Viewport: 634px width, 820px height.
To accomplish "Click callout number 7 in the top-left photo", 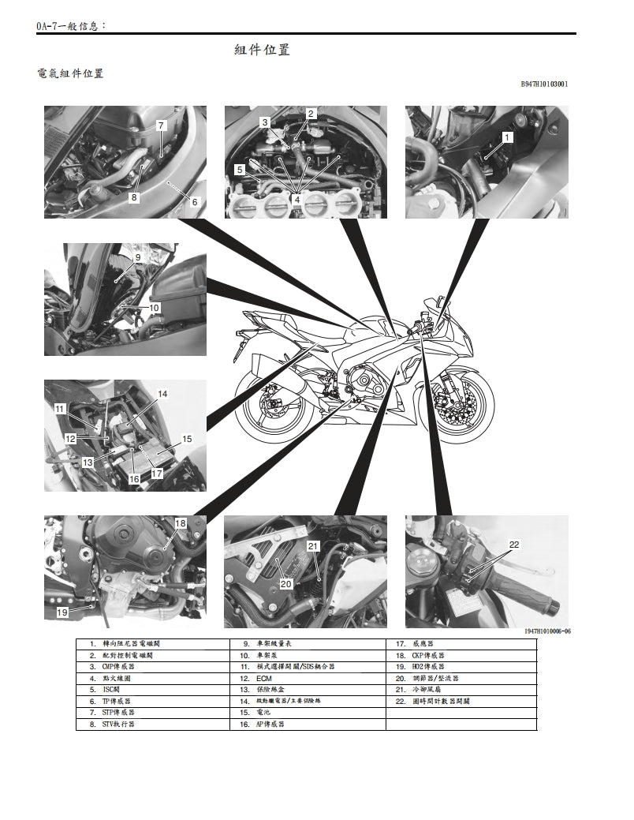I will pos(161,125).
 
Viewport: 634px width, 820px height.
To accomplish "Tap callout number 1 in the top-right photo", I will pos(507,137).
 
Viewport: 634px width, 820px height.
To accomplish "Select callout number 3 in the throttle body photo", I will pos(265,122).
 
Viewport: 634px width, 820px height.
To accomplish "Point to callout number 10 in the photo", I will pos(154,307).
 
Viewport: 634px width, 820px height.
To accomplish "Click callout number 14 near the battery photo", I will pos(162,393).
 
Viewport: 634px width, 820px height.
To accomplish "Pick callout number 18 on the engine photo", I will pos(180,523).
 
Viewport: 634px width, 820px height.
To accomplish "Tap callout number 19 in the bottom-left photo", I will pos(62,612).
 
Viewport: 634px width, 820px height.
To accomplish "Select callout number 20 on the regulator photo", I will pos(286,584).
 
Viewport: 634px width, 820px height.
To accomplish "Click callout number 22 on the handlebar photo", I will pos(514,545).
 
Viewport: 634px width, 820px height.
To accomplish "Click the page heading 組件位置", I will pos(263,50).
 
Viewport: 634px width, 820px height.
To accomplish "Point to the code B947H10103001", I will pos(544,84).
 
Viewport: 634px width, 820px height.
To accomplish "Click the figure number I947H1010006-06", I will pos(546,631).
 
